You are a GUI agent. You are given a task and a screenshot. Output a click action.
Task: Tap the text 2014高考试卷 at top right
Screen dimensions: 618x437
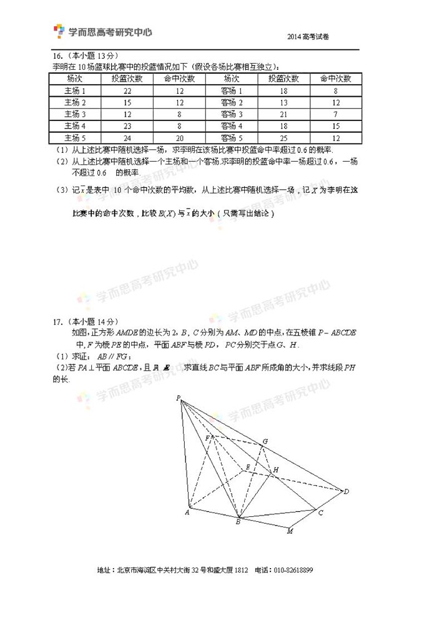click(x=308, y=37)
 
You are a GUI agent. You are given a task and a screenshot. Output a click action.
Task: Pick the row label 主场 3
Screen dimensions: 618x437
click(x=75, y=114)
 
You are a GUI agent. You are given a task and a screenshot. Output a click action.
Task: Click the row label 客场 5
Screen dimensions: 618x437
click(x=231, y=138)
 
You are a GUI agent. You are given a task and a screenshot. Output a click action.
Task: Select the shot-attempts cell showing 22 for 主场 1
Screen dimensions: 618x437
click(x=127, y=91)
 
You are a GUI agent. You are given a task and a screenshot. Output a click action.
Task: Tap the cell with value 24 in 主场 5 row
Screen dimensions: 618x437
click(x=127, y=138)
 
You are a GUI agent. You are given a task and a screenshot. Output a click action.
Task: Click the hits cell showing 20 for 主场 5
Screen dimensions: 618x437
click(x=179, y=138)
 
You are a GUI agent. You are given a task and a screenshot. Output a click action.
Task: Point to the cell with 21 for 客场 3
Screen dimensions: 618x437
click(x=283, y=114)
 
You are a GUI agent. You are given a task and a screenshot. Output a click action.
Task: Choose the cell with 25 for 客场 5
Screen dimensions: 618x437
click(x=283, y=138)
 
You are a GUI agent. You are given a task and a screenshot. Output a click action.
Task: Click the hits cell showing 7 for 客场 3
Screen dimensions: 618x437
click(x=336, y=114)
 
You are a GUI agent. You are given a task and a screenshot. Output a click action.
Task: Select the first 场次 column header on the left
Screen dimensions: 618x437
click(x=75, y=79)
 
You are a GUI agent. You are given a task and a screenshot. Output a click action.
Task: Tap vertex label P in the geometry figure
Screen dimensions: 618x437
click(x=178, y=398)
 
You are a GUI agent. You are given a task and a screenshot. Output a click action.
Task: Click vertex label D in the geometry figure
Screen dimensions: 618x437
click(x=346, y=492)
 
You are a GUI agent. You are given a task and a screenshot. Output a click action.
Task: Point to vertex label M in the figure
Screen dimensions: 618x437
click(x=290, y=532)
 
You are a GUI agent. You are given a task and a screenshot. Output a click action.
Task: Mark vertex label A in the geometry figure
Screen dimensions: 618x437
click(x=187, y=513)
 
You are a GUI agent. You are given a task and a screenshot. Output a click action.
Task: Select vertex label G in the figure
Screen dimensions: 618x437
click(x=265, y=442)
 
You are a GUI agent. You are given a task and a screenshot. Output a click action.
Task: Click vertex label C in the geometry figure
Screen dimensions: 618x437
click(x=320, y=513)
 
